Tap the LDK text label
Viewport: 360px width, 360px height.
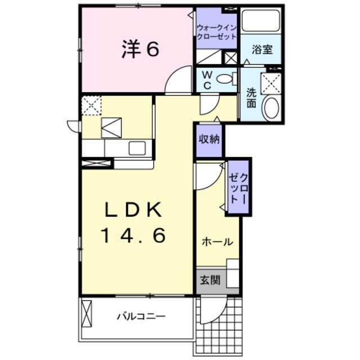(133, 210)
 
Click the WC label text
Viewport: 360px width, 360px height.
(206, 80)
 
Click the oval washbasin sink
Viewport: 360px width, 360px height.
(271, 107)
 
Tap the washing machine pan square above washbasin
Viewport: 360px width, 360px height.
(272, 82)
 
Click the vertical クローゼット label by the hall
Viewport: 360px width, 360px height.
(238, 187)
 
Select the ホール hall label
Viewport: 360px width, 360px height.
(217, 242)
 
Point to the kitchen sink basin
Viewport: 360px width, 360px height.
(136, 148)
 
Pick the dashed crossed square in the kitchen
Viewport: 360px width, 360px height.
(91, 105)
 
